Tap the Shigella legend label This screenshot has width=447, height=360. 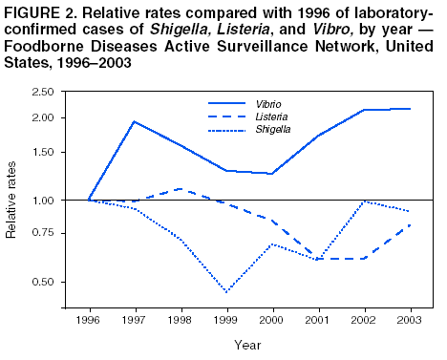(272, 128)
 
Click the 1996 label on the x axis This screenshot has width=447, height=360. (89, 321)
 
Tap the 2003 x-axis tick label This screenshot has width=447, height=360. (411, 321)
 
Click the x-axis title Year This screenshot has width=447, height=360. (248, 345)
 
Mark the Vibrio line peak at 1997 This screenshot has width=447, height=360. (135, 121)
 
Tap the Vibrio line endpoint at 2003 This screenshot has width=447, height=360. (411, 109)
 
